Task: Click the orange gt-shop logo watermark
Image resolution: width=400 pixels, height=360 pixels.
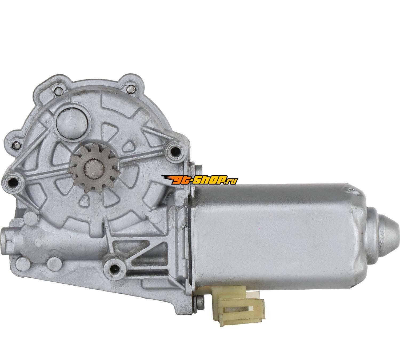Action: coord(199,180)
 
